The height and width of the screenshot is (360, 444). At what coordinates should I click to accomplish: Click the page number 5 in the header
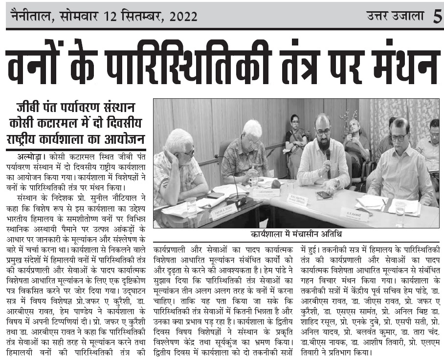437,16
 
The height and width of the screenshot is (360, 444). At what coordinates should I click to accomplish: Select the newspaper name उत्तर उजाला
396,16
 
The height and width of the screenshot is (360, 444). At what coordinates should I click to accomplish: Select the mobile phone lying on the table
324,195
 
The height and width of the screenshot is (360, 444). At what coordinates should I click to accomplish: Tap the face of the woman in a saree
294,121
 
